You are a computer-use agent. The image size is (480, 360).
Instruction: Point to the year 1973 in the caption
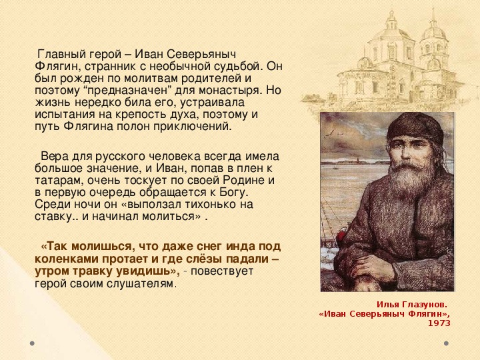439,323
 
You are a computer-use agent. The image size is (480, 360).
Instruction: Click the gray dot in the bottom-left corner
32,343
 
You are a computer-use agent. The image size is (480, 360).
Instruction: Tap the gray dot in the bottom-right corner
446,343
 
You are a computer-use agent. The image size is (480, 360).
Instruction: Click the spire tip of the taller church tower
433,9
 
